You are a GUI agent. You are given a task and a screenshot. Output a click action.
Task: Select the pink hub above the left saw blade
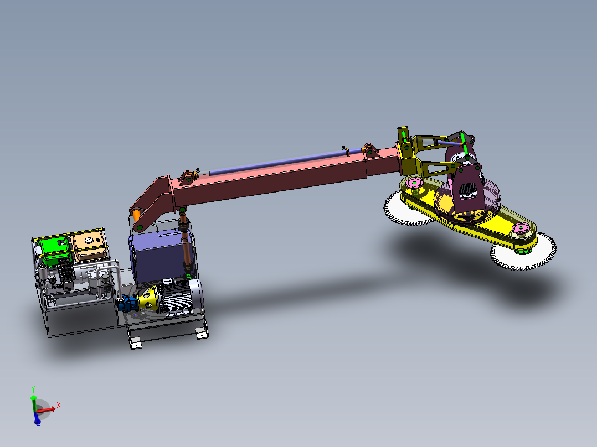[x=413, y=183]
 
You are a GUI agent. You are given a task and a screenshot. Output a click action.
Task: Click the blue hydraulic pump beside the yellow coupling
[x=130, y=303]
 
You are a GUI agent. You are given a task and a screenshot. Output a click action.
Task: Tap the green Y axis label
[x=33, y=389]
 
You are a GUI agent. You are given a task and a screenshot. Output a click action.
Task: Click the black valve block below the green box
[x=66, y=271]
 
